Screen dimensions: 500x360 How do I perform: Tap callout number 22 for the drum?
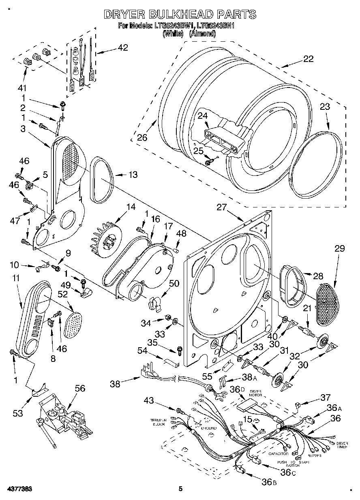click(308, 59)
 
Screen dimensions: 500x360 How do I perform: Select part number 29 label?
click(339, 249)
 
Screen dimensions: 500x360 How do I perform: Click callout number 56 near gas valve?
click(80, 388)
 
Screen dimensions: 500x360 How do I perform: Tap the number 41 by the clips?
click(21, 88)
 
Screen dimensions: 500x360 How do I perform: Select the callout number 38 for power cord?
click(116, 383)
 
